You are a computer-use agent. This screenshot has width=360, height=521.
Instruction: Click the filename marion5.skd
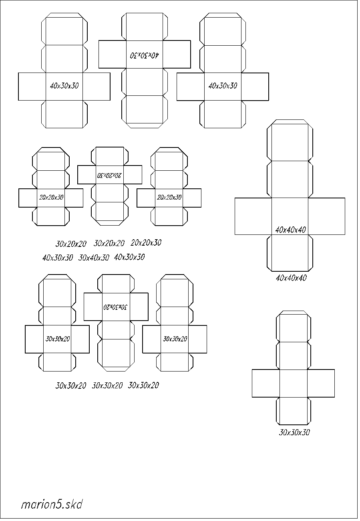coord(52,505)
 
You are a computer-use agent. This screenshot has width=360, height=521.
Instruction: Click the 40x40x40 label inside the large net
coord(290,230)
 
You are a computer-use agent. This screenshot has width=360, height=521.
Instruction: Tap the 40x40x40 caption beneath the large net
coord(291,278)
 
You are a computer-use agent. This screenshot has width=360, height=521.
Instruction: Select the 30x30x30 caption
coord(294,432)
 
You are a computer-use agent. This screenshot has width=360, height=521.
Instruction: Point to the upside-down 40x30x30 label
coord(144,55)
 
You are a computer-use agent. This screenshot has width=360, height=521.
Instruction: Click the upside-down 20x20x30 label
coord(109,175)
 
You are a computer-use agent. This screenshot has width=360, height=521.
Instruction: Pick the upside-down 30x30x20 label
coord(115,307)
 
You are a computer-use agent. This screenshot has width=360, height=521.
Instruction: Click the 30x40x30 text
coord(94,258)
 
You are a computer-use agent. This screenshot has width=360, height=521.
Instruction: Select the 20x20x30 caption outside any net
coord(146,243)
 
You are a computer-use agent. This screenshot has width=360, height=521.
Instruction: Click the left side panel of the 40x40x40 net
coord(253,216)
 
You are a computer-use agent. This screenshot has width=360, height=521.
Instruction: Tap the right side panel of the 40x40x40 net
coord(327,216)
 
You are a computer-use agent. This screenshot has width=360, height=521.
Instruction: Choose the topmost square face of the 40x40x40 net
coord(290,142)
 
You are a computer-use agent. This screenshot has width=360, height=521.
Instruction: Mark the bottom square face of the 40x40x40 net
coord(290,253)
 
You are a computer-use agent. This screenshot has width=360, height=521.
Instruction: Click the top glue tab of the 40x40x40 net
coord(290,122)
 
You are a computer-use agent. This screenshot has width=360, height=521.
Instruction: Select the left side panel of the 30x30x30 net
coord(266,383)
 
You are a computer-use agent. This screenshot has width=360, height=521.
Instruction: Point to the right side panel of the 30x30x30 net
coord(321,383)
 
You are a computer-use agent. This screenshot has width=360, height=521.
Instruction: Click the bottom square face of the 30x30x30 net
coord(294,411)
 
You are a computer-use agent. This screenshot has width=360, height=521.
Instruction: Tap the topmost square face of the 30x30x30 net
coord(294,328)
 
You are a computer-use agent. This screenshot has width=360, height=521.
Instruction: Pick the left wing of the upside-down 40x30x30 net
coord(113,55)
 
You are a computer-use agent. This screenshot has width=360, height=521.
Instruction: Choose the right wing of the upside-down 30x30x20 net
coord(139,307)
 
